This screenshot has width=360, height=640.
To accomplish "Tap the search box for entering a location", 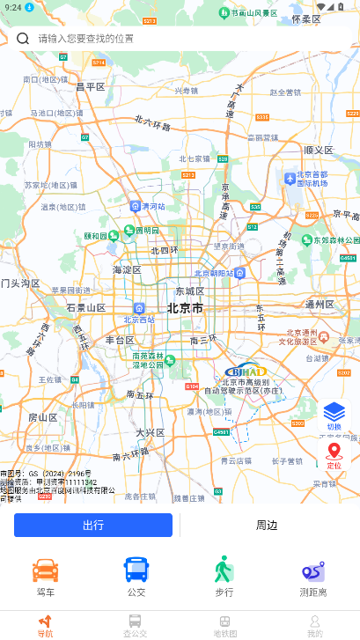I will [x=176, y=39].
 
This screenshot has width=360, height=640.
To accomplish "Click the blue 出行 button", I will [x=93, y=526].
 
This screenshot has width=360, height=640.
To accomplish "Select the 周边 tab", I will [x=267, y=526].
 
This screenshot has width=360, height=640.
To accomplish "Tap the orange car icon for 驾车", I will [x=46, y=570].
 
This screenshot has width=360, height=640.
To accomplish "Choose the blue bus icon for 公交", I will [x=136, y=570].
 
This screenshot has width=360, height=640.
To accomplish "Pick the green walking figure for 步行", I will [x=224, y=570].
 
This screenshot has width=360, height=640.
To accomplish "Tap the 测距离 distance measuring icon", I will [x=313, y=572].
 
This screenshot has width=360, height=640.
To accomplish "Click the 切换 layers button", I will [x=334, y=413].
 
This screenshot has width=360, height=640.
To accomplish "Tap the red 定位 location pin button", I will [x=334, y=454].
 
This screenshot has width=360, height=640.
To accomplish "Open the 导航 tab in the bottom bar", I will [x=45, y=625].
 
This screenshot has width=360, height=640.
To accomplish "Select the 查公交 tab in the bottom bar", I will [x=135, y=625].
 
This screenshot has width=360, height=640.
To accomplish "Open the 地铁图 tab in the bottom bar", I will [x=225, y=625].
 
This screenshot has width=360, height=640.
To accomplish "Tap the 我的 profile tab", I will [x=314, y=625].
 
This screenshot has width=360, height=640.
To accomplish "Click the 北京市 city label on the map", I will [x=185, y=309].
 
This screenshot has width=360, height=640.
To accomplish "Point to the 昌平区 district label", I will [x=91, y=86].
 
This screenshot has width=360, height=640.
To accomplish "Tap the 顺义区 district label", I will [x=319, y=151].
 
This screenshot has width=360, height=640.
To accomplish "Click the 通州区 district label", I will [x=320, y=305].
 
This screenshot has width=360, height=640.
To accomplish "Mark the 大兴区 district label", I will [x=151, y=432].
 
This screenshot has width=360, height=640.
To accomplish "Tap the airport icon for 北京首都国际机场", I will [x=290, y=179].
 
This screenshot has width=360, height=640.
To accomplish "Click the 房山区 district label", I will [x=43, y=417].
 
